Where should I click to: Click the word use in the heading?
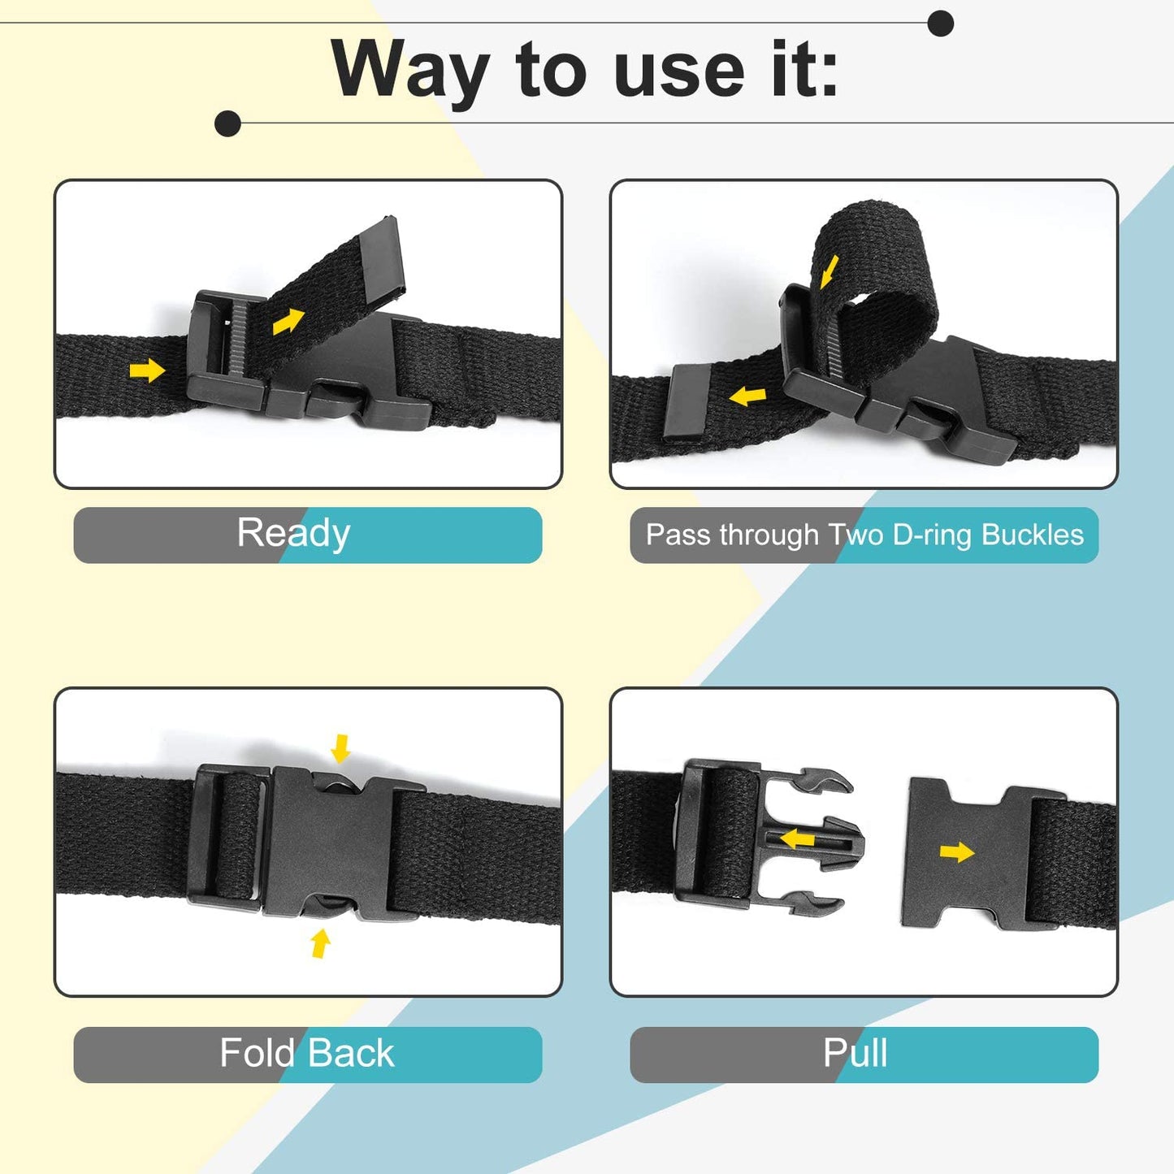point(679,71)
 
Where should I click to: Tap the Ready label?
point(293,534)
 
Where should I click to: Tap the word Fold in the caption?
point(257,1053)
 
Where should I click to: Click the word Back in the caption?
point(351,1053)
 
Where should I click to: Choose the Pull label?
point(855,1053)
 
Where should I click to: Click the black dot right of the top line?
point(940,24)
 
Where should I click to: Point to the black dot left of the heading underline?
point(228,123)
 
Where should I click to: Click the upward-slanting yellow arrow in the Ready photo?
point(288,321)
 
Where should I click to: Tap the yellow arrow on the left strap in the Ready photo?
point(147,371)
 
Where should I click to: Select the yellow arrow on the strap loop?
point(829,271)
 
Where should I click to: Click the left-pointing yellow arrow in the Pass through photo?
point(747,396)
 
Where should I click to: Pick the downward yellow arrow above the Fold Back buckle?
point(340,748)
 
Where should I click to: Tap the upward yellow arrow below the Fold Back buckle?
point(321,943)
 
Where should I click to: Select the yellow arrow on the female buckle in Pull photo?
point(957,852)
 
